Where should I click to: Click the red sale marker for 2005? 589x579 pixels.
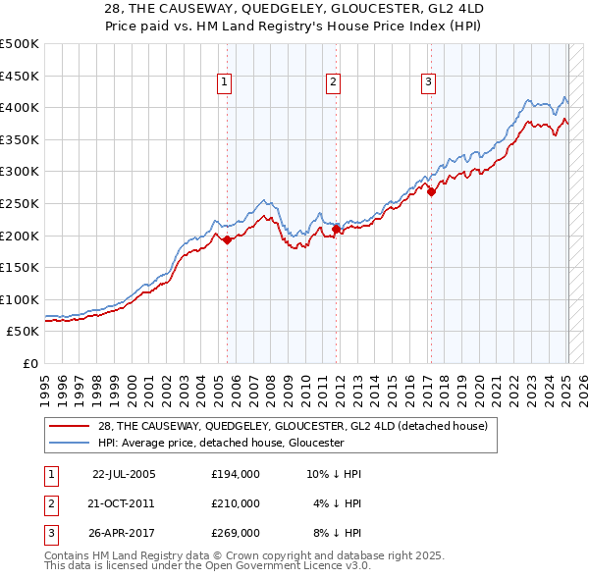click(x=227, y=239)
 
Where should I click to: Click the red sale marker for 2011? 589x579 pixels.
click(x=336, y=229)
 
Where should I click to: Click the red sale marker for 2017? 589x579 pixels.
click(x=431, y=192)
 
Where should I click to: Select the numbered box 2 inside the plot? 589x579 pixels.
click(x=334, y=82)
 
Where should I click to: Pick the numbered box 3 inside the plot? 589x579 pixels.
click(x=429, y=82)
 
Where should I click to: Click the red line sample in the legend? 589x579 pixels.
click(x=71, y=426)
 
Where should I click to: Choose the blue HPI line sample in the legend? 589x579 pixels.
click(x=71, y=443)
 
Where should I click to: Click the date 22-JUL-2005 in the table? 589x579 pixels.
click(x=124, y=474)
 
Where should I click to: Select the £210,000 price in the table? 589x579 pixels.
click(x=236, y=503)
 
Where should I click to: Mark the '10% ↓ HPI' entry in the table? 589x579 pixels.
click(x=334, y=474)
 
